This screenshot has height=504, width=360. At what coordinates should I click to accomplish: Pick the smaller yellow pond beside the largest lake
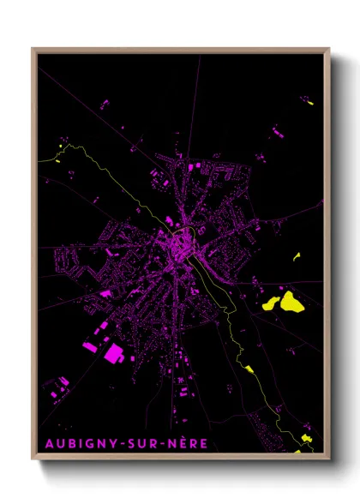pos(270,303)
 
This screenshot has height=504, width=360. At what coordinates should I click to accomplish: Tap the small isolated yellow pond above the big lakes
pos(297,256)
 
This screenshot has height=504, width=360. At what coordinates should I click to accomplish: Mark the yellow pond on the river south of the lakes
pos(249,369)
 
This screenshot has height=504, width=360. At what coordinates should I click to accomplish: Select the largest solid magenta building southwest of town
pos(114,351)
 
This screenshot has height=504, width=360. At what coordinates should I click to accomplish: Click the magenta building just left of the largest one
pos(90,346)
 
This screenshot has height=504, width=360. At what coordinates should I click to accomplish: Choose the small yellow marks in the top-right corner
pos(309,103)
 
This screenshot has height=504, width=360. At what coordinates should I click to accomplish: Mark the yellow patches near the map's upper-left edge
pos(59,154)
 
